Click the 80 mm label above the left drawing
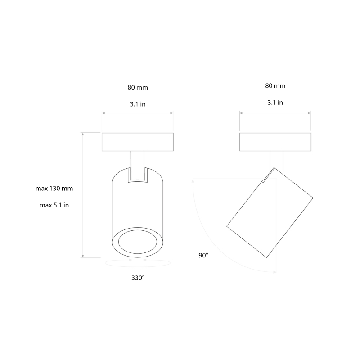click(x=137, y=87)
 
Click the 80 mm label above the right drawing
click(x=275, y=85)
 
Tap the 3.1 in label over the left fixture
click(x=137, y=104)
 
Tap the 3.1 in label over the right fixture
click(x=275, y=103)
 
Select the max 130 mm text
click(x=54, y=189)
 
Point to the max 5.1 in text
click(x=54, y=205)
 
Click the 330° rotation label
click(x=138, y=278)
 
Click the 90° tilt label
click(x=203, y=255)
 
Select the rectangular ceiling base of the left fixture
click(x=137, y=142)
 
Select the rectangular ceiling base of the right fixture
click(x=275, y=142)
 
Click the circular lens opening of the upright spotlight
click(x=137, y=244)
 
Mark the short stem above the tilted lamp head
click(x=275, y=160)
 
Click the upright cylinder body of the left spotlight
click(x=137, y=202)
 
